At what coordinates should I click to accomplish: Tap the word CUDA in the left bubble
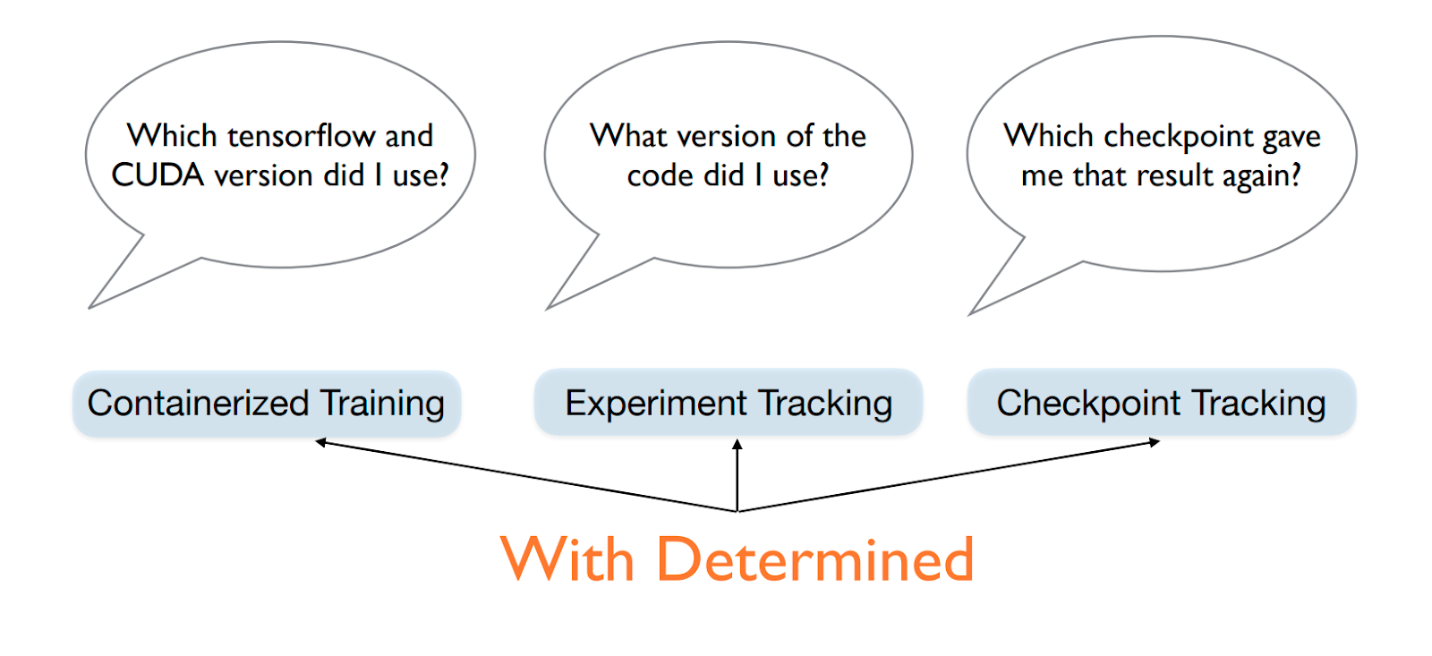pos(158,175)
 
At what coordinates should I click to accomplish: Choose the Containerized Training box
pos(267,404)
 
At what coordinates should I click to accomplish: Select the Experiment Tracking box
pos(729,402)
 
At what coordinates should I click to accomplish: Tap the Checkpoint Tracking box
pos(1162,402)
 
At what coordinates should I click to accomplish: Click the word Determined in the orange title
pos(815,558)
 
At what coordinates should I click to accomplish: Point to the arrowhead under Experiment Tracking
pos(737,445)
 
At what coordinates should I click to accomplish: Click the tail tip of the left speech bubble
pos(89,308)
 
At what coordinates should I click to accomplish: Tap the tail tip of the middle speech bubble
pos(547,310)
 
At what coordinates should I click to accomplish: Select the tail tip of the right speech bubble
pos(970,314)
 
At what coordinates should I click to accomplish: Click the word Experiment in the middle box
pos(656,405)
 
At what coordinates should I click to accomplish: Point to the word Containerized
pos(198,404)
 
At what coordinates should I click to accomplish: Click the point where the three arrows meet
pos(737,512)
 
